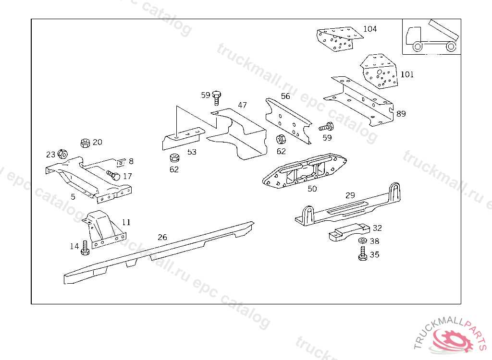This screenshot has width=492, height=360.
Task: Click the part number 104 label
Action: pos(370,29)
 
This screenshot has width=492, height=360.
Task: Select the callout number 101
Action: pos(407,74)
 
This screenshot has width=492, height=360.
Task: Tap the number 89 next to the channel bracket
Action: pos(401,114)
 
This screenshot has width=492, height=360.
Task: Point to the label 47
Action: pos(242,105)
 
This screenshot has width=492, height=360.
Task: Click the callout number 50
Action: pos(312,189)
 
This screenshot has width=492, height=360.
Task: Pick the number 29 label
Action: pos(350,195)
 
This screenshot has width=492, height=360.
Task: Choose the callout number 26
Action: pos(162,237)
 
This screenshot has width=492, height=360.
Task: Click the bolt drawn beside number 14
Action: pos(86,248)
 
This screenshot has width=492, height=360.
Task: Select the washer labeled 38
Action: pos(362,240)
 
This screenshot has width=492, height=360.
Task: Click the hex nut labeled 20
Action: pos(85,143)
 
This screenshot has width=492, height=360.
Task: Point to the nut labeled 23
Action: pos(62,154)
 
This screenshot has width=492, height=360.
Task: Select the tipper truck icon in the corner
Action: pos(431,36)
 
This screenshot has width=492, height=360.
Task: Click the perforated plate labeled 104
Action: pos(339,39)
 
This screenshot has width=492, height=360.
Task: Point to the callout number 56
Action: pos(285,96)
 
